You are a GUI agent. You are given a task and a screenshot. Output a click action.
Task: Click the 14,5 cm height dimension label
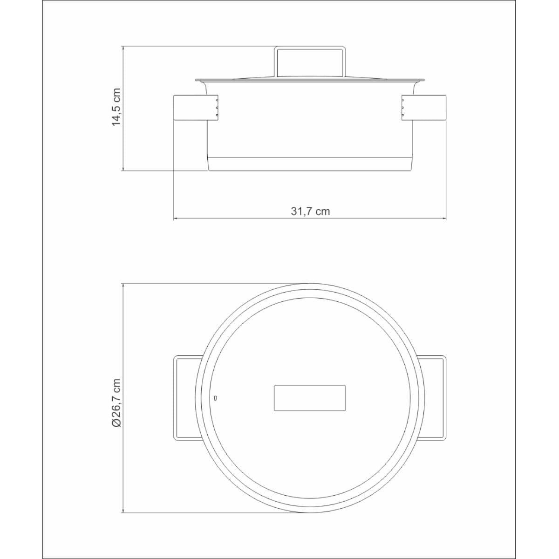pos(116,107)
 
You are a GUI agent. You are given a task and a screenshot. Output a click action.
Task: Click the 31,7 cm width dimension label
pos(310,211)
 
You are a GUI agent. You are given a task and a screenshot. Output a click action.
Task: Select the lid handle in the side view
pos(310,61)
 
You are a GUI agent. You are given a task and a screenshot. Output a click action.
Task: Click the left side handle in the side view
pos(196,107)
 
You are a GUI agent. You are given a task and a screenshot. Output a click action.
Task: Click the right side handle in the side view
pos(424,107)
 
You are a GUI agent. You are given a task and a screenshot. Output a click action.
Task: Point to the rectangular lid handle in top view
pos(310,398)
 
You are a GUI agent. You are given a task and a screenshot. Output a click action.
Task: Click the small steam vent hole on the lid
pos(215,398)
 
